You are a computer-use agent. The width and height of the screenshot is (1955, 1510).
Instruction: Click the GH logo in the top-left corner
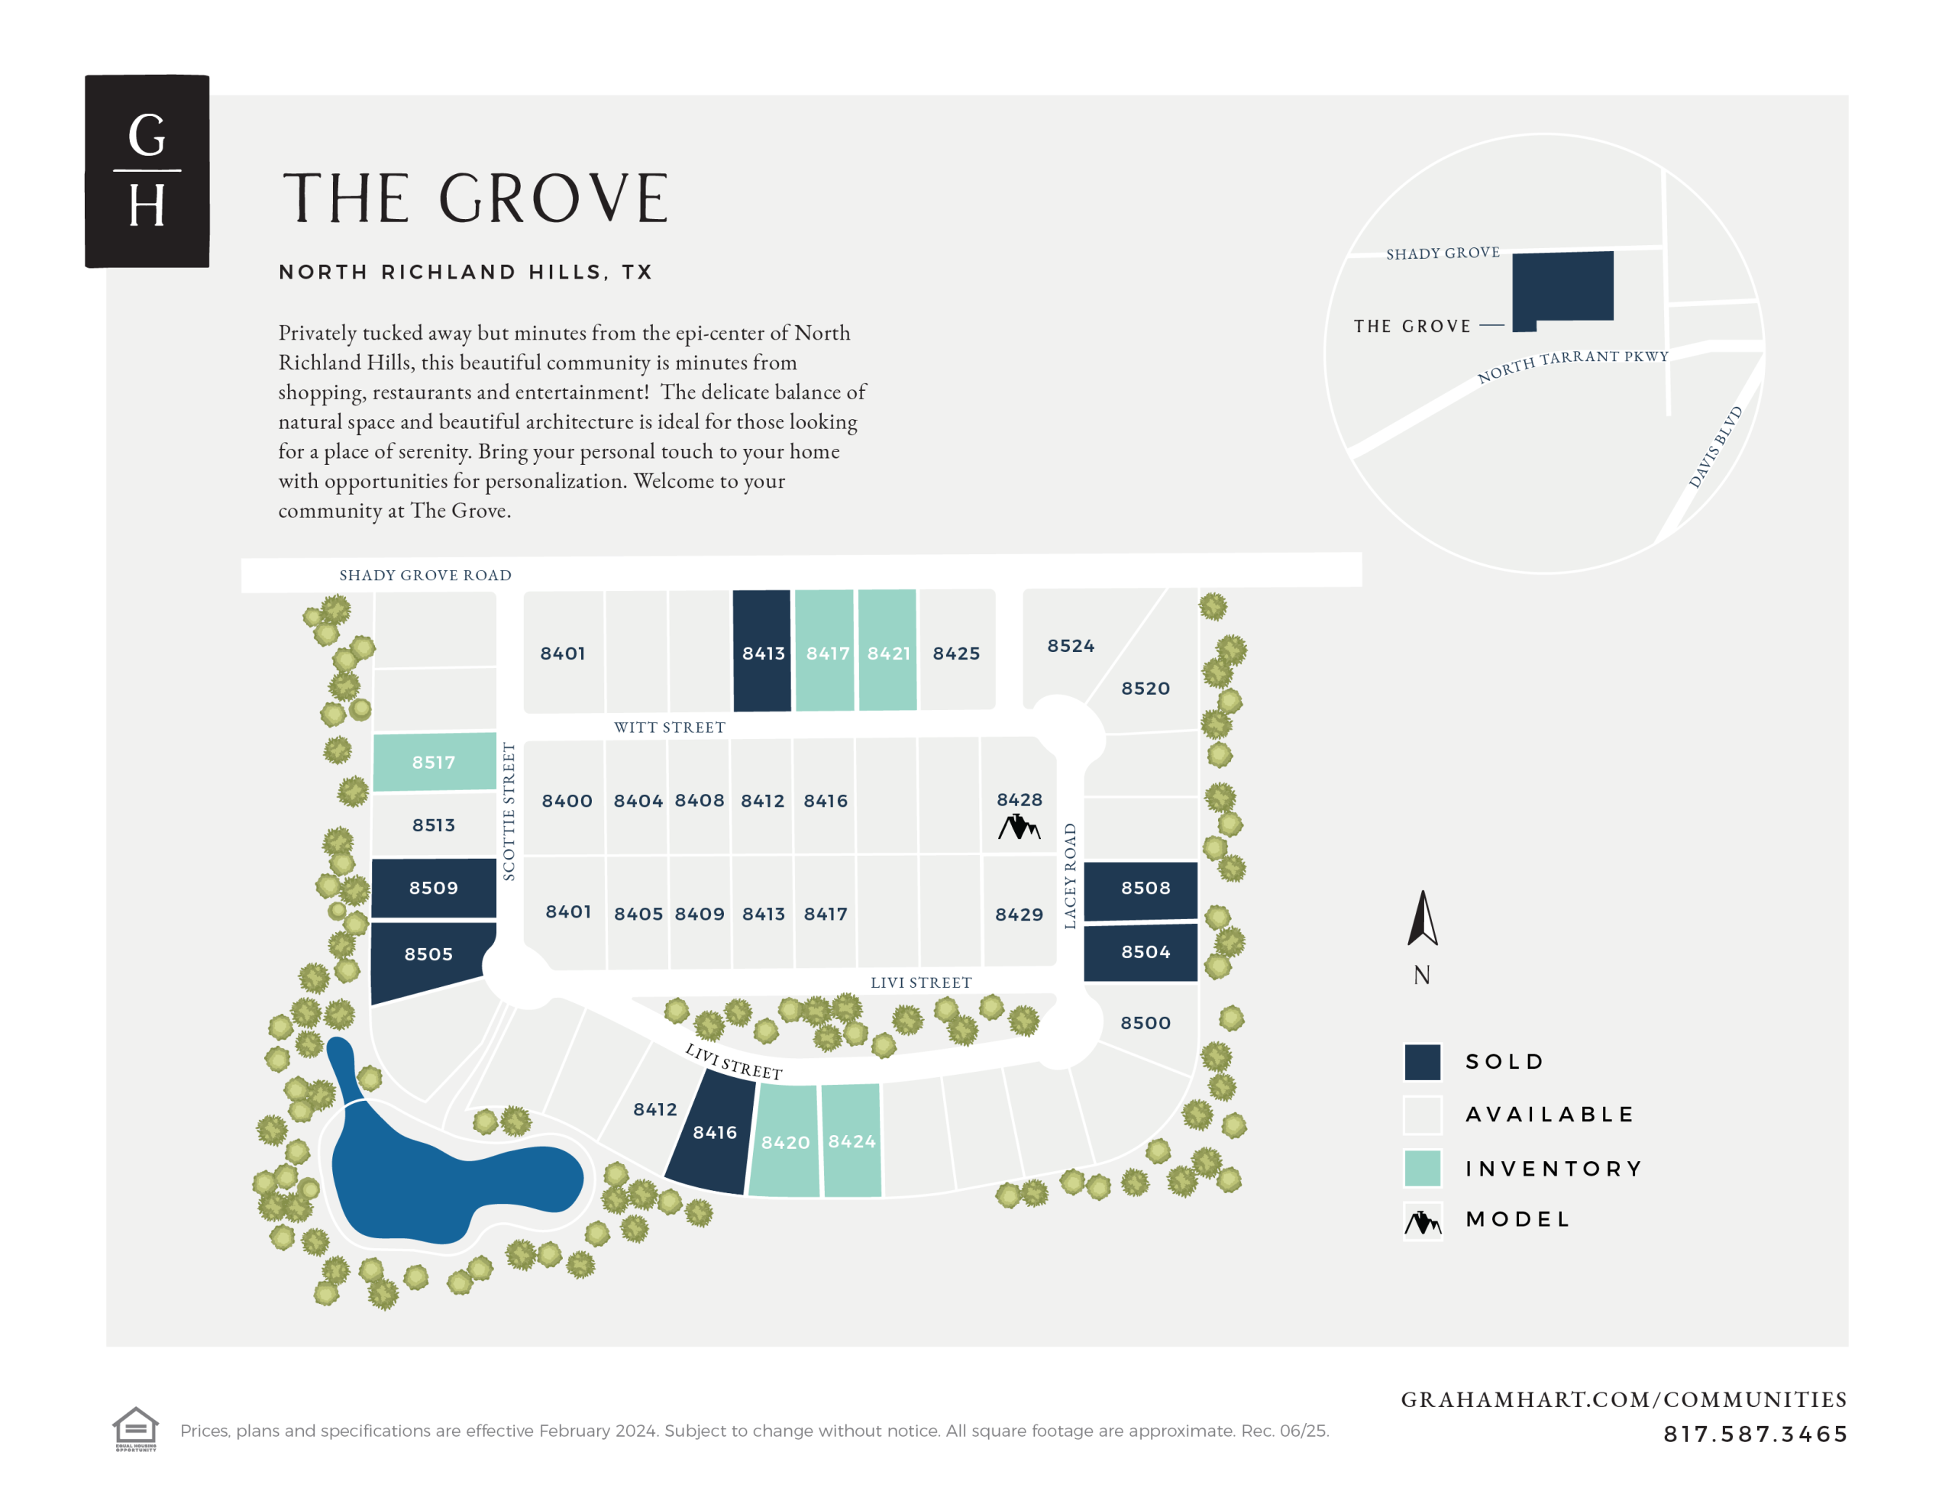(x=147, y=171)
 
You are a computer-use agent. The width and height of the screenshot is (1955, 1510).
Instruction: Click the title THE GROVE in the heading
(x=475, y=198)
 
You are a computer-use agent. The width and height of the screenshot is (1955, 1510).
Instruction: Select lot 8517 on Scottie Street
(x=434, y=762)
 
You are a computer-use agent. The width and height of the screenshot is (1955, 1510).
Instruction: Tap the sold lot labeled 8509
(x=434, y=887)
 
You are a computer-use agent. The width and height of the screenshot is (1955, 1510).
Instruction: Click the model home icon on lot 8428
(x=1019, y=827)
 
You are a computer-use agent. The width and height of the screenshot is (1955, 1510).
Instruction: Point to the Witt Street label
(x=670, y=728)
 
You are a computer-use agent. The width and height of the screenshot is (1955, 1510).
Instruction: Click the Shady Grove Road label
(x=425, y=576)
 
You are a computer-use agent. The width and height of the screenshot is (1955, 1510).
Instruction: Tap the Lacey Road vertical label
(x=1070, y=876)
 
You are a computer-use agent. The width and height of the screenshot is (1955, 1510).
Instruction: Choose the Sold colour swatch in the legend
(x=1423, y=1062)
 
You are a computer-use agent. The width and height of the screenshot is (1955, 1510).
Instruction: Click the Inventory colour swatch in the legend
(x=1423, y=1168)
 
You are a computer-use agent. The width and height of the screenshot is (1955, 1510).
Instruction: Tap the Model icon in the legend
(x=1423, y=1220)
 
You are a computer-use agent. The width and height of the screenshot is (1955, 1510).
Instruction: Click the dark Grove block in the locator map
(x=1563, y=289)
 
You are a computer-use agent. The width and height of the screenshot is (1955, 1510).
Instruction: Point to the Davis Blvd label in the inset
(x=1715, y=447)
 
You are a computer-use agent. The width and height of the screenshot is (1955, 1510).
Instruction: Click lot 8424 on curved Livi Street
(x=851, y=1141)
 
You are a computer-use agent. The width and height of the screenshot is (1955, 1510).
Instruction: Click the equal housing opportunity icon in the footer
(x=135, y=1428)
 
